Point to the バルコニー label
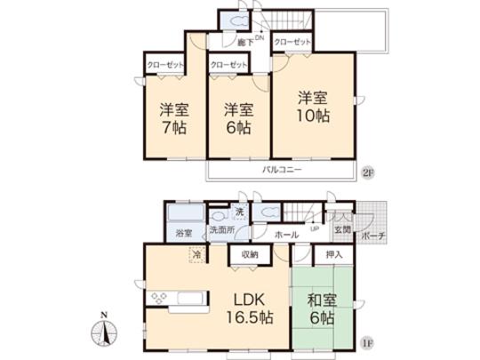coord(282,169)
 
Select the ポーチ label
coord(372,237)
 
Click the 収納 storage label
coord(249,255)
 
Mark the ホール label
coord(285,235)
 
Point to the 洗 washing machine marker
coord(238,212)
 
